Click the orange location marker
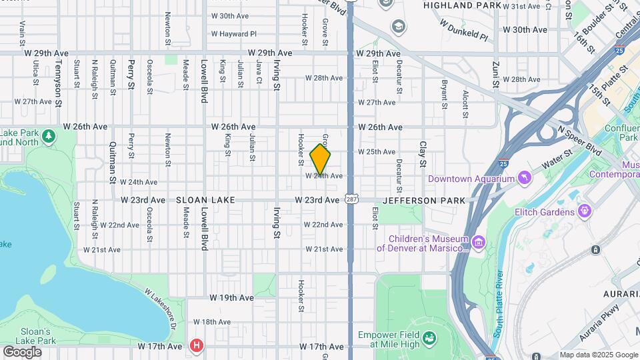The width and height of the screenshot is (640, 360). coord(321,159)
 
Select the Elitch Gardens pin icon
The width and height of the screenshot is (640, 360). coord(585,211)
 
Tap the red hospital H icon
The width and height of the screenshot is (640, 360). coord(196,345)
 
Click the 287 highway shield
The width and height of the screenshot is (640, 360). coord(351,199)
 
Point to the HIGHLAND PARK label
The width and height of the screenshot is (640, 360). coord(461,5)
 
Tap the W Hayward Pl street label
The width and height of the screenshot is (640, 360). coord(233,33)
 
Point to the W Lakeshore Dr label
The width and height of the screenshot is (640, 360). coord(160,308)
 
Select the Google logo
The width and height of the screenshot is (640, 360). coord(22,351)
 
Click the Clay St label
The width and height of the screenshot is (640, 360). coord(422,155)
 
